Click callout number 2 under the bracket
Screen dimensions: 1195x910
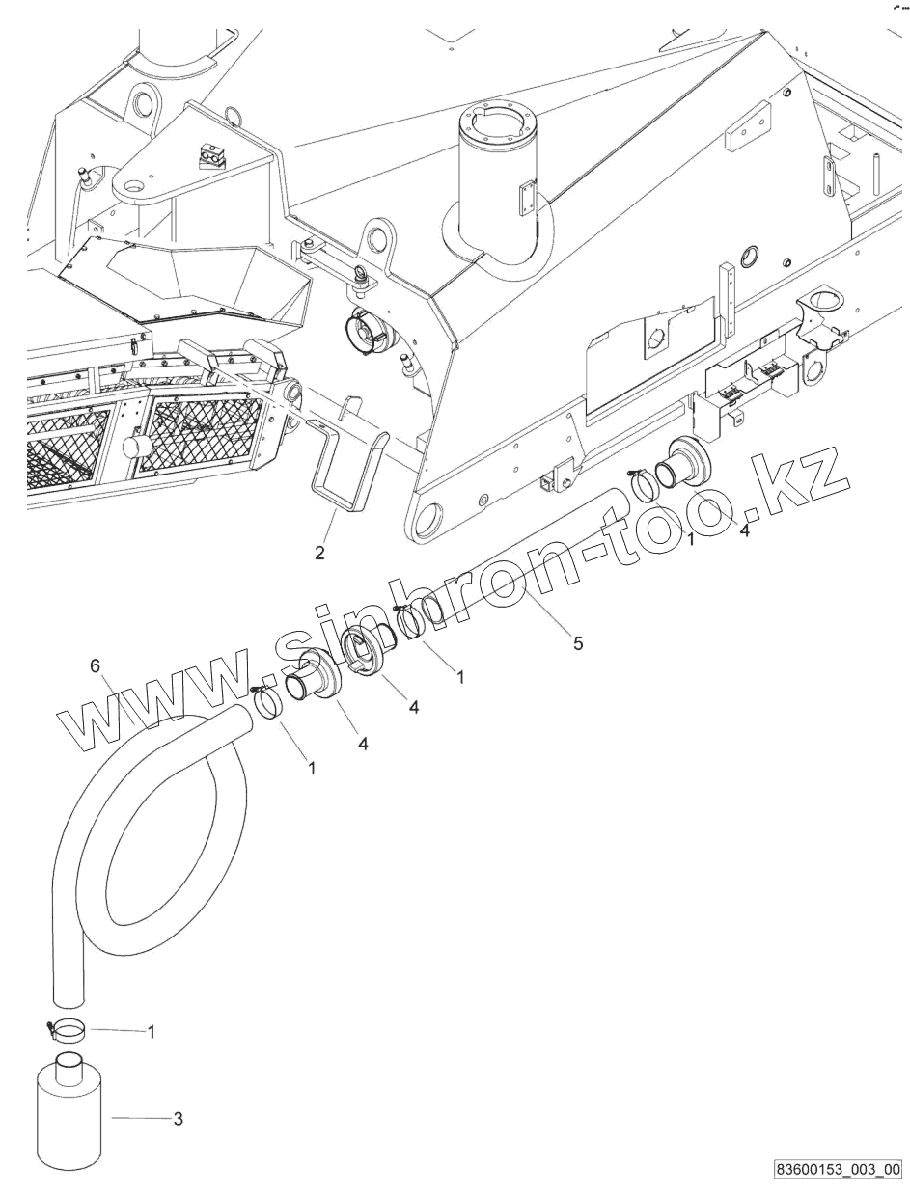pyautogui.click(x=319, y=553)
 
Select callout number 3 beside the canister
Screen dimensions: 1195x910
pyautogui.click(x=178, y=1119)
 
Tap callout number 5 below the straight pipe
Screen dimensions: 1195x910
pyautogui.click(x=577, y=644)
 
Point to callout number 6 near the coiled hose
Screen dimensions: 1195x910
pyautogui.click(x=95, y=666)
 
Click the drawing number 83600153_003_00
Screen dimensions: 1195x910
pyautogui.click(x=837, y=1169)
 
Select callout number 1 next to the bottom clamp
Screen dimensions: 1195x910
pyautogui.click(x=152, y=1031)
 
